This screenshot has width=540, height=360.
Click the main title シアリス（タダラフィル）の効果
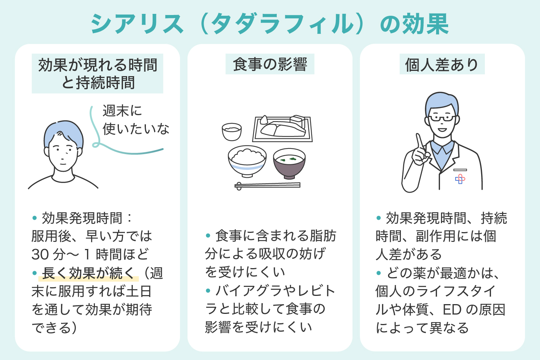pos(270,24)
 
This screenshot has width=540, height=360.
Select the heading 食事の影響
pos(270,64)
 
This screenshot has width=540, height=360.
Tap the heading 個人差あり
pos(442,64)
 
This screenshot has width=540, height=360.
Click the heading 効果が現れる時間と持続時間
pos(97,73)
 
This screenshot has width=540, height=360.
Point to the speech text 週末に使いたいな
pos(135,120)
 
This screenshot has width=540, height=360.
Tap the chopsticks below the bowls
pos(267,185)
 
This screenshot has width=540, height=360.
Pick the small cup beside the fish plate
pos(231,131)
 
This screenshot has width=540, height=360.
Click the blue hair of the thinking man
pos(63,129)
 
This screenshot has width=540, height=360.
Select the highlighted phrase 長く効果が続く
pos(88,273)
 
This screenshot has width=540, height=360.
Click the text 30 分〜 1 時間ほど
pos(90,255)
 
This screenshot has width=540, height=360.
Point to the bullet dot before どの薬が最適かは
pos(379,273)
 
